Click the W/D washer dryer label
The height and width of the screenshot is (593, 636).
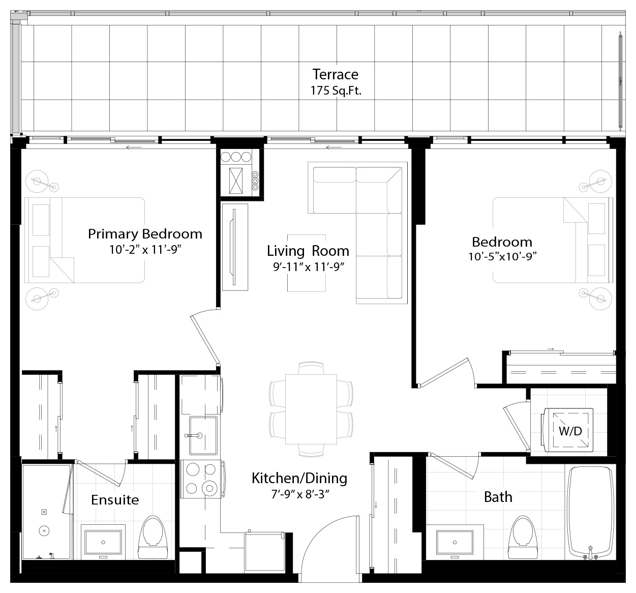tap(570, 431)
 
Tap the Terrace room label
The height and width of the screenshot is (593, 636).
tap(336, 74)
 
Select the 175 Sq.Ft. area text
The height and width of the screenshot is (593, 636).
tap(336, 91)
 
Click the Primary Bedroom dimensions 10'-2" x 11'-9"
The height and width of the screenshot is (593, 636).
tap(145, 250)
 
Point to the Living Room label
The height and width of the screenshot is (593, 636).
tap(308, 251)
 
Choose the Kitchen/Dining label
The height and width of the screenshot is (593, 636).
tap(299, 478)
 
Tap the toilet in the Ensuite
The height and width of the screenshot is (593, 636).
tap(153, 537)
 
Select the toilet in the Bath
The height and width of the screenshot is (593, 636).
tap(523, 537)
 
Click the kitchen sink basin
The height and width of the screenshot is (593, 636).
tap(203, 435)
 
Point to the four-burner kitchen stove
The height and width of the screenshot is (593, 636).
tap(201, 479)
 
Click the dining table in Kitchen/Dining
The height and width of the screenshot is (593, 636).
tap(311, 409)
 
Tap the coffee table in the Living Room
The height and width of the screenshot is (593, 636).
tap(307, 263)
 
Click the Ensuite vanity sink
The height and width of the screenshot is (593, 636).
tap(103, 542)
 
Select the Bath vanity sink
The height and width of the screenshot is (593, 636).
tap(455, 542)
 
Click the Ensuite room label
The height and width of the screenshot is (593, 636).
tap(115, 500)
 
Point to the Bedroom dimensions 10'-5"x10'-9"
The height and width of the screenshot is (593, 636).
tap(502, 257)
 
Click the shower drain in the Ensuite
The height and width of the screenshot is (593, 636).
tap(44, 531)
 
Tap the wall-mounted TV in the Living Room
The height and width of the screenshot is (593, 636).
tap(234, 247)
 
